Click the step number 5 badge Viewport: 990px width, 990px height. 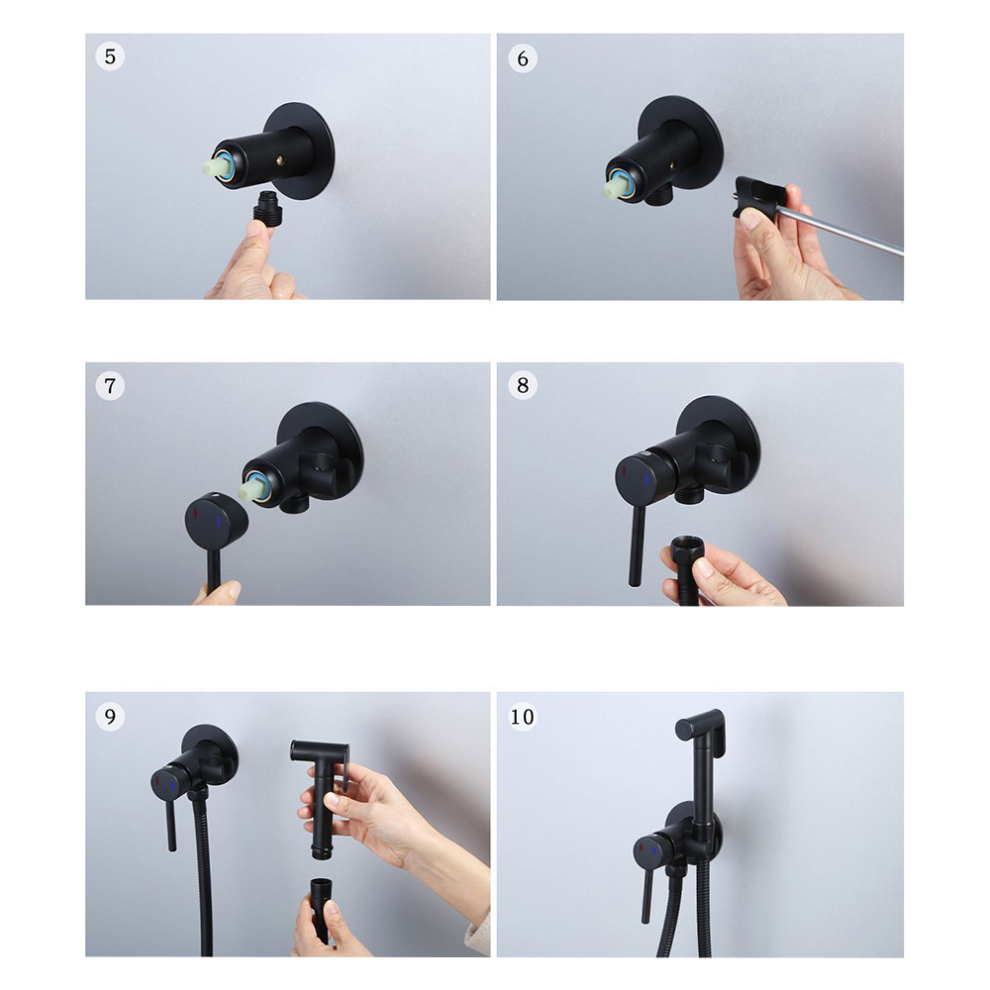coord(110,56)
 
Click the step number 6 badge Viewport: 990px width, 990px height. coord(523,58)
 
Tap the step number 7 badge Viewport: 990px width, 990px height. coord(110,385)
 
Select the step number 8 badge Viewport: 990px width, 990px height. coord(523,384)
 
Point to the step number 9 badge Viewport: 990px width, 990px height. coord(110,716)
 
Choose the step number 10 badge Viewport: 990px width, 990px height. coord(522,717)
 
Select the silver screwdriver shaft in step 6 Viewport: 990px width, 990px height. coord(846,230)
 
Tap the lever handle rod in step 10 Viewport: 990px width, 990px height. coord(646,897)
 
